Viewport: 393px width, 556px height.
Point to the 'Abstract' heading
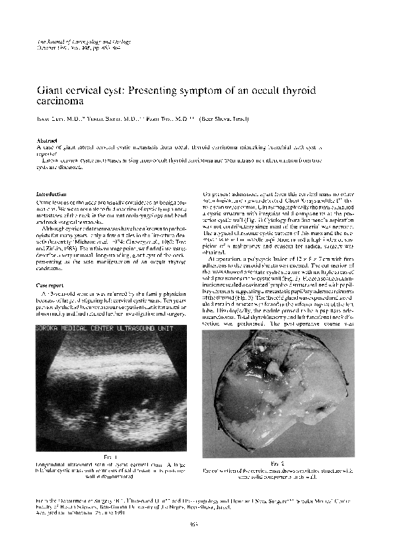tap(46, 141)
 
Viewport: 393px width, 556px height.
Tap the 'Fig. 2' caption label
tap(277, 464)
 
